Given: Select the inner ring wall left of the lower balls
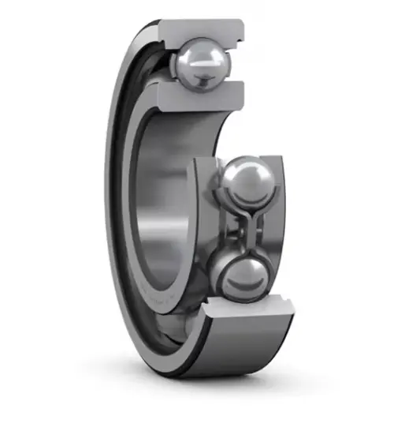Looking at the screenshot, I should [x=203, y=229].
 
